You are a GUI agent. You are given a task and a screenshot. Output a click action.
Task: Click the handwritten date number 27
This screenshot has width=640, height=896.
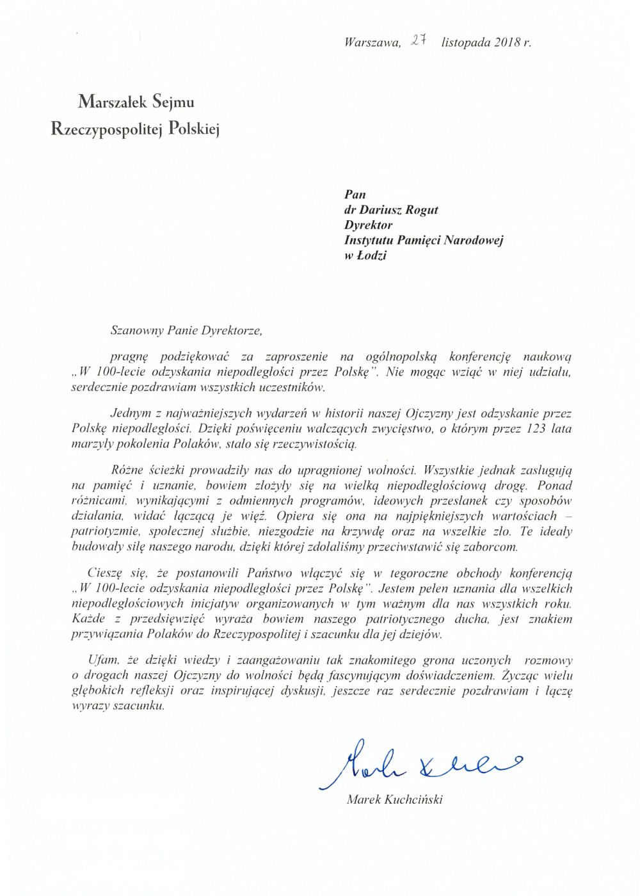419,40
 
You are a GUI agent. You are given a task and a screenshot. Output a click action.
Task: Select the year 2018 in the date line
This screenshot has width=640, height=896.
508,43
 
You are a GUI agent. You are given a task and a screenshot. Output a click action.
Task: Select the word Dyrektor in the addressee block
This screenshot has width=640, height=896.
368,225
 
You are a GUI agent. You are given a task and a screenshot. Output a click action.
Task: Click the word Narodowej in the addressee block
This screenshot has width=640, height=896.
474,241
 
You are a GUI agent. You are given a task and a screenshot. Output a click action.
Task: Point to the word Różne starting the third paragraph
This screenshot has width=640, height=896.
127,470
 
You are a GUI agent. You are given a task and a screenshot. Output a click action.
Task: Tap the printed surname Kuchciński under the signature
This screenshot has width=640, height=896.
413,799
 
